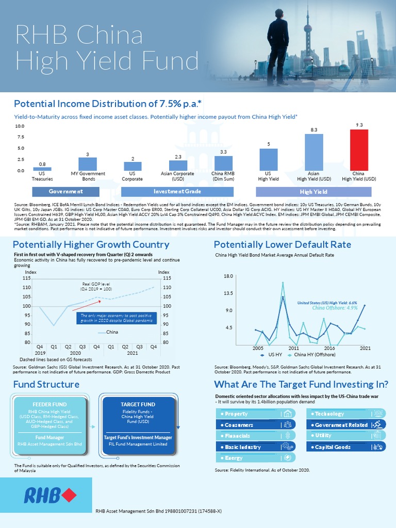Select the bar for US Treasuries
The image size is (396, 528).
coord(42,169)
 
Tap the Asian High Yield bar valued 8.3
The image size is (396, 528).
coord(313,152)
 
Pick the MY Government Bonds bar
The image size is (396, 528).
coord(88,164)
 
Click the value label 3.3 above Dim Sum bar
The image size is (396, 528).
coord(223,152)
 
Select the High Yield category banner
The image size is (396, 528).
coord(313,191)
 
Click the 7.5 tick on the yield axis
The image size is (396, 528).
coord(20,137)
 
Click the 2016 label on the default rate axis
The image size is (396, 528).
coord(329,349)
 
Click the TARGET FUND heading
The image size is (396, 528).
coord(142,404)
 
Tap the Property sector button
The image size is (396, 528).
coord(255,414)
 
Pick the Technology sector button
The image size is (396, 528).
coord(346,414)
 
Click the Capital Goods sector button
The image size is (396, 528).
coord(346,447)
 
